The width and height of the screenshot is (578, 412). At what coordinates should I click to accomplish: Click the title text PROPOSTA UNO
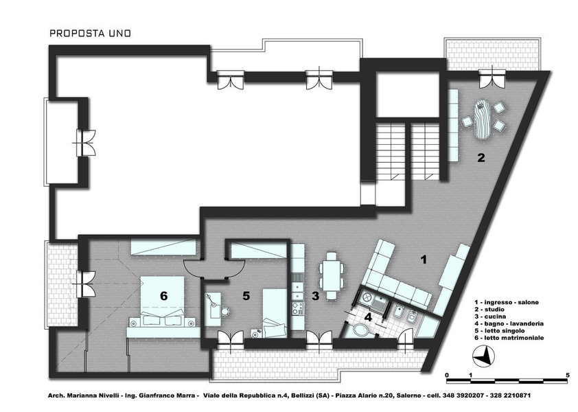(91, 33)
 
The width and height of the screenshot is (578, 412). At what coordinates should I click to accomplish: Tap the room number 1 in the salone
(424, 260)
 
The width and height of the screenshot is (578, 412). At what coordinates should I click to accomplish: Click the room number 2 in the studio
(481, 158)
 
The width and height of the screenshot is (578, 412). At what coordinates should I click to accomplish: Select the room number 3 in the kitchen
(316, 296)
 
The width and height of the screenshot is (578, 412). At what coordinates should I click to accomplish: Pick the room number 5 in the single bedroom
(246, 296)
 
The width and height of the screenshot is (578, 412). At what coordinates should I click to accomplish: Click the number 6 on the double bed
(163, 296)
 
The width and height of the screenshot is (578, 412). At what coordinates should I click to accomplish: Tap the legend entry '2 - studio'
(489, 310)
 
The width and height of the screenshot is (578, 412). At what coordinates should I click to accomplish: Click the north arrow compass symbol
(483, 357)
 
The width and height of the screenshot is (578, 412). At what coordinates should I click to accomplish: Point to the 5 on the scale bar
(567, 375)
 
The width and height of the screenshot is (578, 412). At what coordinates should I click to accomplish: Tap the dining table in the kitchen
(332, 275)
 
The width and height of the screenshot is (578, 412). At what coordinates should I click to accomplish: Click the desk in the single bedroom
(212, 309)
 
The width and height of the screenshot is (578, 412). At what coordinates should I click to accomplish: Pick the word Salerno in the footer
(408, 396)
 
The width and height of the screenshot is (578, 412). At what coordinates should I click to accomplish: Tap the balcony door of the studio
(492, 79)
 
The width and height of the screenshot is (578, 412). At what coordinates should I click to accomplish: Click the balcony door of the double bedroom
(86, 284)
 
